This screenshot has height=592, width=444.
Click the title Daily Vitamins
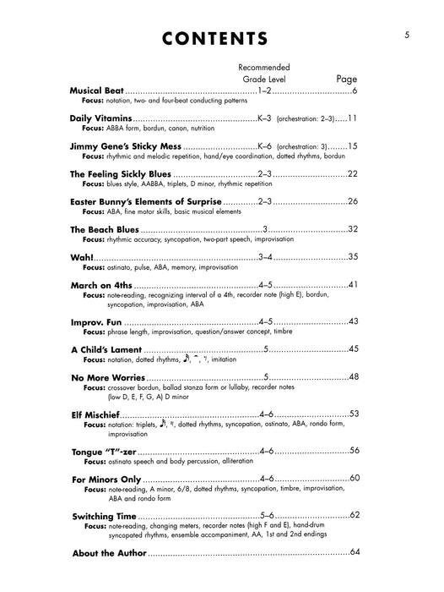(101, 119)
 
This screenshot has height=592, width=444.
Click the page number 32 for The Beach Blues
(353, 229)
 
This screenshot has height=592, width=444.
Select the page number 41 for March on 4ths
(353, 284)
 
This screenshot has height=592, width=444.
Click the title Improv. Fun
(96, 321)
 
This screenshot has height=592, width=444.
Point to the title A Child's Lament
(106, 349)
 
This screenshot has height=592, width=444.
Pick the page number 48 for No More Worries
(353, 377)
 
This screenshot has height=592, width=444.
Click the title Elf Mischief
(95, 414)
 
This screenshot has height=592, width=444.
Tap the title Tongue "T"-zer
(107, 452)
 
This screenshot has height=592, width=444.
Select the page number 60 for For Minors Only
(353, 480)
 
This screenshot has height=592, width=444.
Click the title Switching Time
(104, 516)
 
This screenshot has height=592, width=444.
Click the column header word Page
(347, 79)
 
